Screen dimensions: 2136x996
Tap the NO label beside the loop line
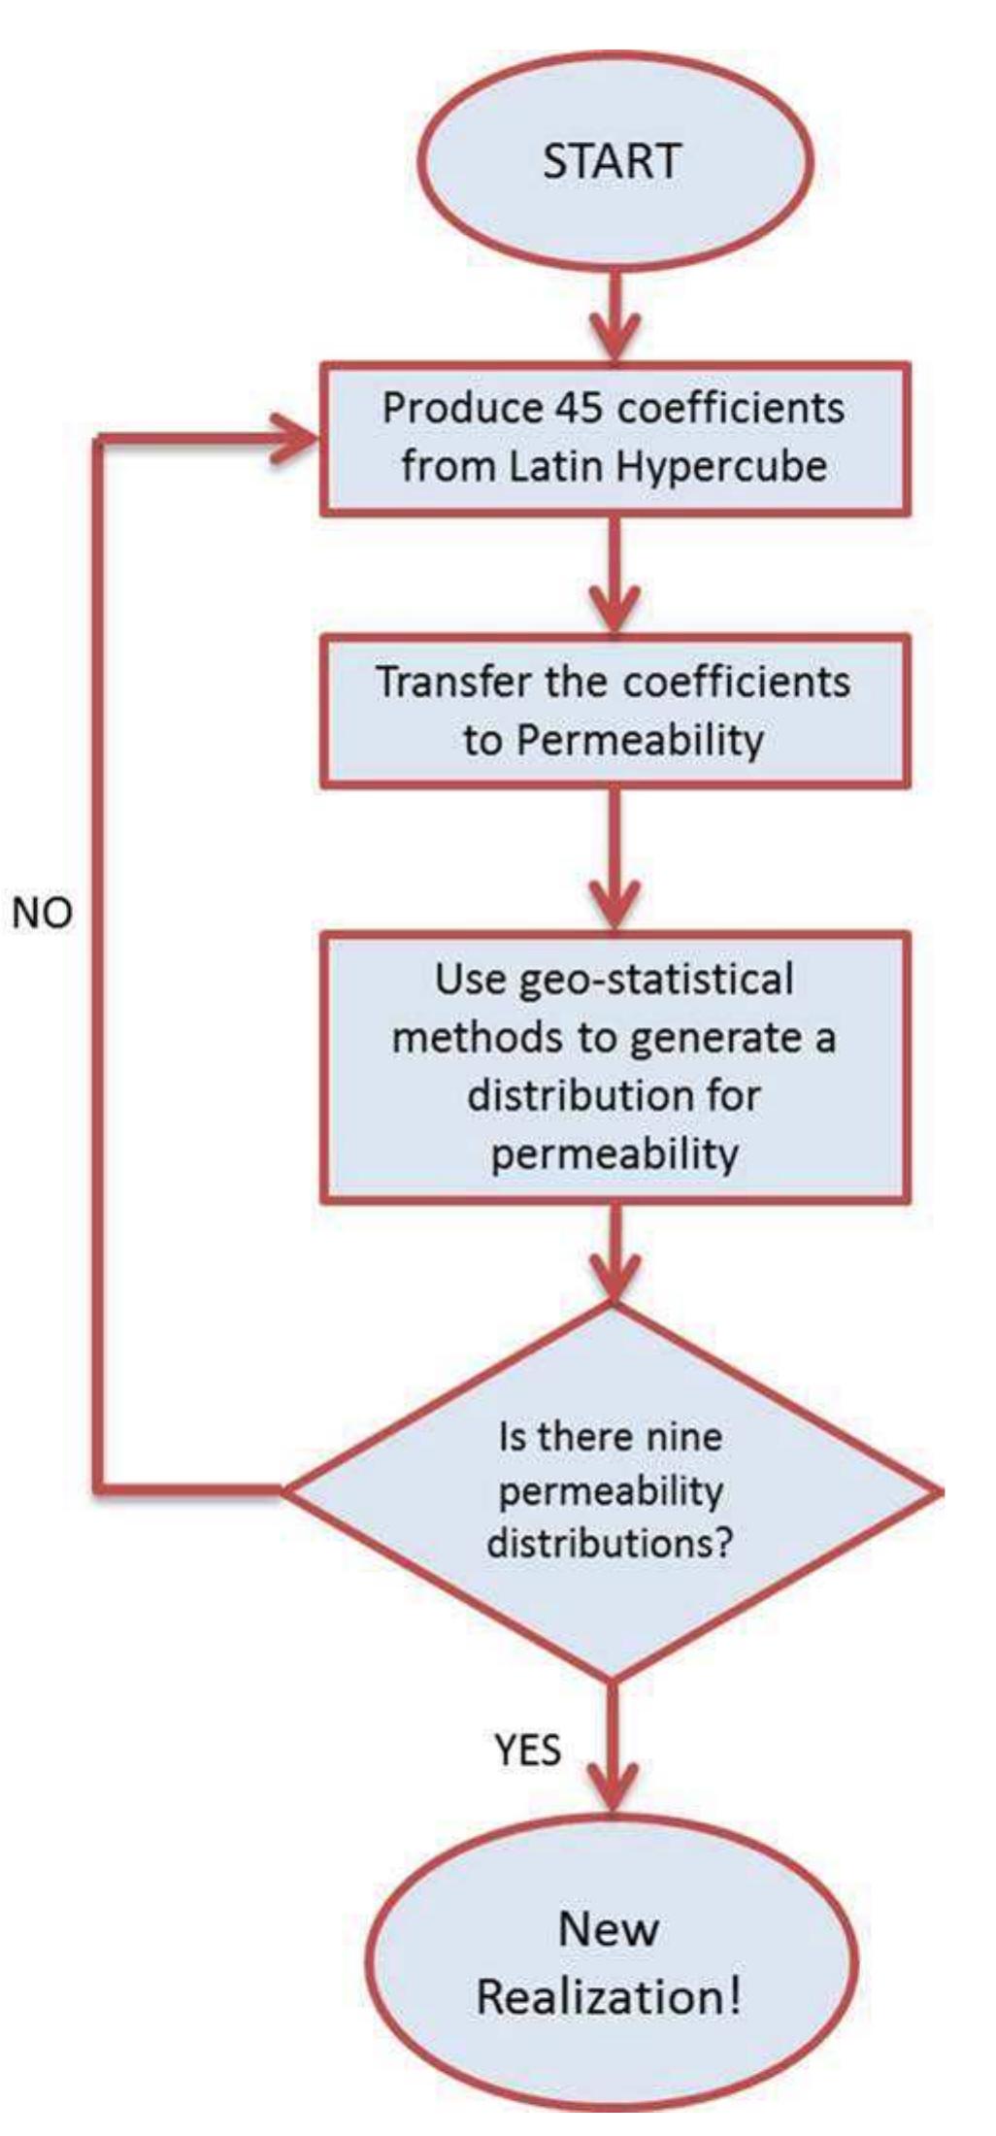(x=43, y=913)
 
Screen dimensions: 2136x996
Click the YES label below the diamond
(x=527, y=1750)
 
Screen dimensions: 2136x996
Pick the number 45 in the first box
(x=580, y=408)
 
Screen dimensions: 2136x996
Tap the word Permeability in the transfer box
(x=639, y=740)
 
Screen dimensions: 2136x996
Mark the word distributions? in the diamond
(x=609, y=1543)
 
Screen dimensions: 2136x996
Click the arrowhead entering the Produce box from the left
(x=296, y=439)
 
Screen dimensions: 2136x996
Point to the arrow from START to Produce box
(x=614, y=316)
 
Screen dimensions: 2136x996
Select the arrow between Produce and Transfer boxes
(x=614, y=578)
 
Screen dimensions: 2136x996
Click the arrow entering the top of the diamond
(x=614, y=1257)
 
